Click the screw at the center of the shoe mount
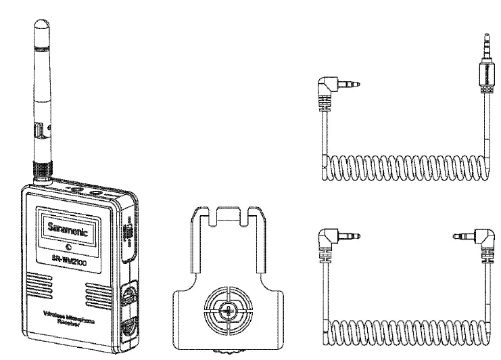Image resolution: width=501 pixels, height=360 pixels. pyautogui.click(x=229, y=311)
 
